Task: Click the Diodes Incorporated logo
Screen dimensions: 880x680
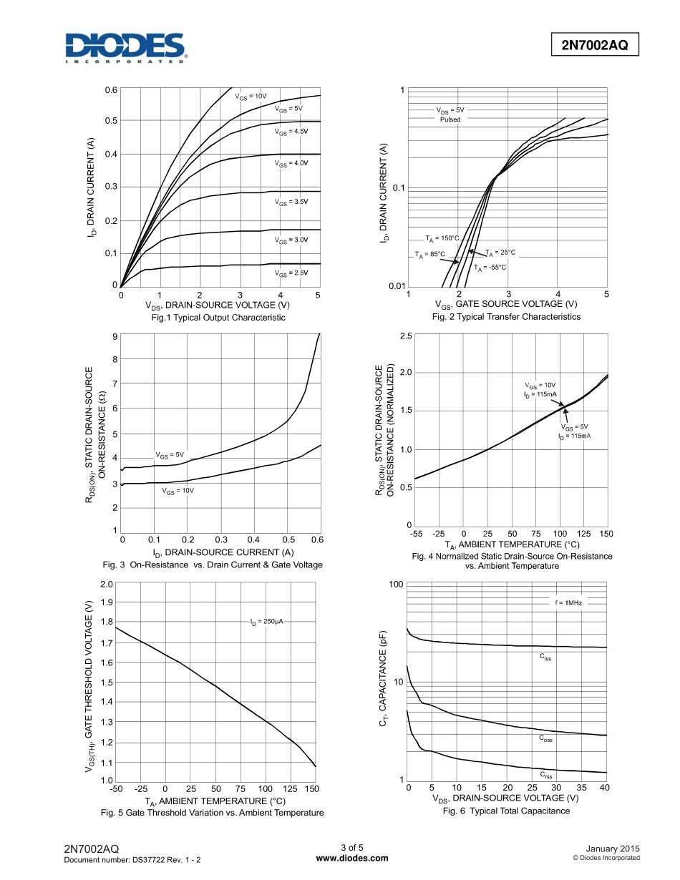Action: coord(126,48)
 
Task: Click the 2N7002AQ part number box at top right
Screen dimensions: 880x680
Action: coord(594,45)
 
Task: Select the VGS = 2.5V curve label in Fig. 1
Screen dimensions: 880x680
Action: coord(291,273)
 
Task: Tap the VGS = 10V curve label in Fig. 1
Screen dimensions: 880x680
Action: coord(251,96)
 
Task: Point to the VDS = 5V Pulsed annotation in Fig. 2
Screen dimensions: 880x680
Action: coord(450,115)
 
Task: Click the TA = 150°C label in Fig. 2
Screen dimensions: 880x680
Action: coord(442,238)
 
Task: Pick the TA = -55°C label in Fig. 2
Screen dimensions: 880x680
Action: coord(490,268)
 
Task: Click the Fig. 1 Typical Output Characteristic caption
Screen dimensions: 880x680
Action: coord(218,317)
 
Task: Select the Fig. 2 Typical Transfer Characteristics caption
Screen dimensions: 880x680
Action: coord(506,317)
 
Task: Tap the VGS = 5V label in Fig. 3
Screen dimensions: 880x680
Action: coord(170,455)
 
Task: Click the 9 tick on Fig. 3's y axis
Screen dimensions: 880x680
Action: coord(115,336)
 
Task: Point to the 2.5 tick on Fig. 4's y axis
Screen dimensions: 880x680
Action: coord(405,336)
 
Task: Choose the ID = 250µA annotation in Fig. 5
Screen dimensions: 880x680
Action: coord(266,622)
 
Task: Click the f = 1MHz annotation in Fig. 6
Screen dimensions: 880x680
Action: coord(568,603)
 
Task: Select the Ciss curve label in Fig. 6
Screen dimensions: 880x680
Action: coord(545,656)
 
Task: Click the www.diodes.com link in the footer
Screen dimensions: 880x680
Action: coord(351,859)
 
